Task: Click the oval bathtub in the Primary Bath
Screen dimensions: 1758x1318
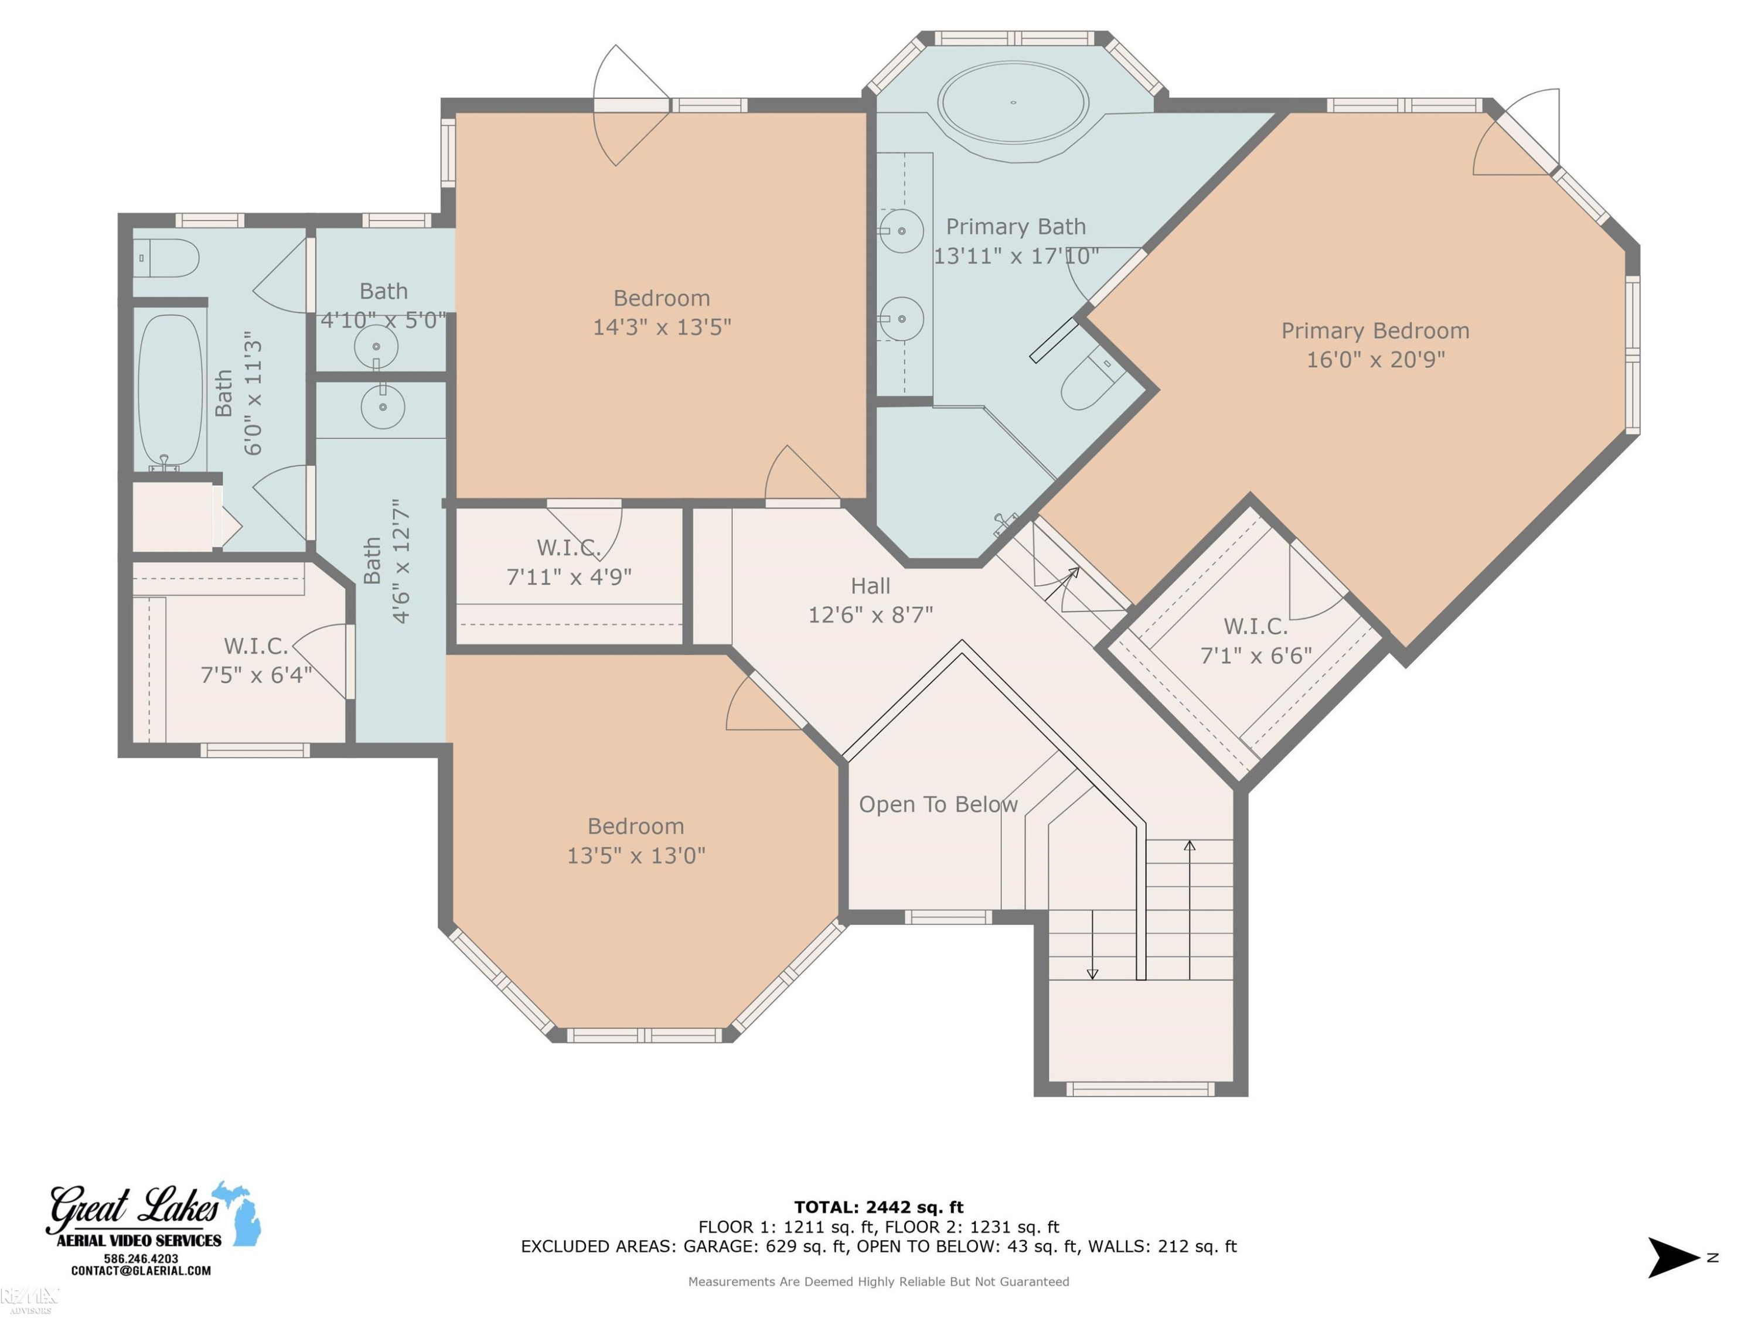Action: [1013, 103]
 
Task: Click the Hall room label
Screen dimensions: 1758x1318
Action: [870, 586]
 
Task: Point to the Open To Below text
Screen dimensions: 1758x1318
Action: [938, 804]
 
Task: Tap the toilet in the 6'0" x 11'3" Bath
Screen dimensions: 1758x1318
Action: [165, 258]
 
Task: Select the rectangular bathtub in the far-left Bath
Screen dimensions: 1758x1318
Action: [170, 390]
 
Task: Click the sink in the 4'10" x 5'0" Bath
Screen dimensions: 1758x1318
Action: [376, 347]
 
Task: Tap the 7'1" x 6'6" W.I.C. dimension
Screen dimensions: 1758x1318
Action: [1256, 655]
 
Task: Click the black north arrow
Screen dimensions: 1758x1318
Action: [1672, 1258]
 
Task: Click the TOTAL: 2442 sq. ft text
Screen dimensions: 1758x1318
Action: [879, 1207]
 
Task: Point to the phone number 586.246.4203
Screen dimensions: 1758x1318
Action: [141, 1258]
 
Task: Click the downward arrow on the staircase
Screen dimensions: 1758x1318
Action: [1092, 945]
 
